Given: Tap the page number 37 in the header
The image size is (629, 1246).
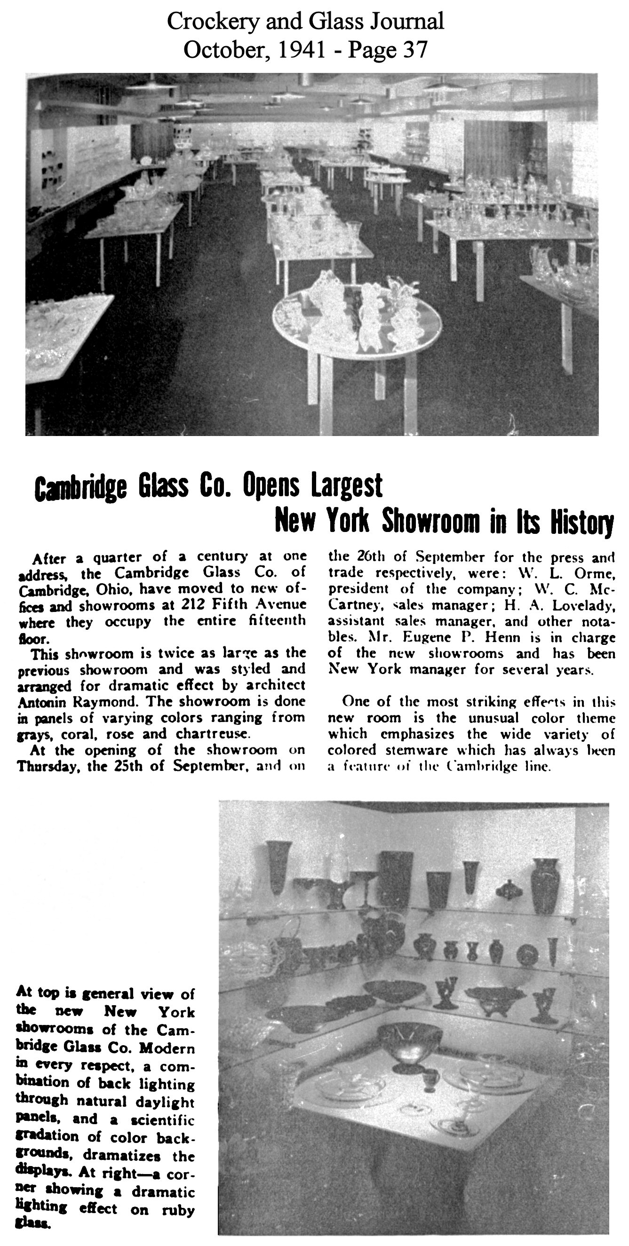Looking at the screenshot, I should (415, 50).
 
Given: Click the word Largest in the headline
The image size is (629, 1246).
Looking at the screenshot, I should (346, 486).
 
